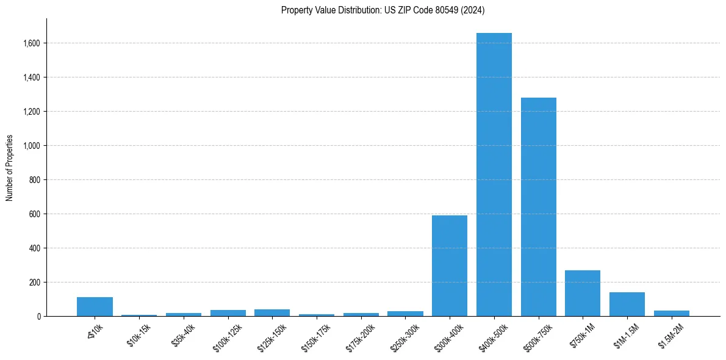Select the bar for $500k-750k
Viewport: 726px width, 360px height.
[x=539, y=207]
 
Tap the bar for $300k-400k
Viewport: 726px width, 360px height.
[x=450, y=265]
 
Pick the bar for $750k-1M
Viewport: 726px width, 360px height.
[x=583, y=293]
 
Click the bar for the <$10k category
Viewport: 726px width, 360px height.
[x=95, y=307]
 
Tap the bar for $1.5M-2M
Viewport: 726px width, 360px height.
[x=672, y=314]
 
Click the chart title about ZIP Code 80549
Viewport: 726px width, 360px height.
[x=383, y=10]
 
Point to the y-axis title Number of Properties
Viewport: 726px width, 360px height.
[x=10, y=168]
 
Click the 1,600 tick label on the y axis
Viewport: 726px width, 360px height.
[x=32, y=43]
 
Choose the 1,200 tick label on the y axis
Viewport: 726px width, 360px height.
[x=32, y=112]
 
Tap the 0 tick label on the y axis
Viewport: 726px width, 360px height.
[x=39, y=317]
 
